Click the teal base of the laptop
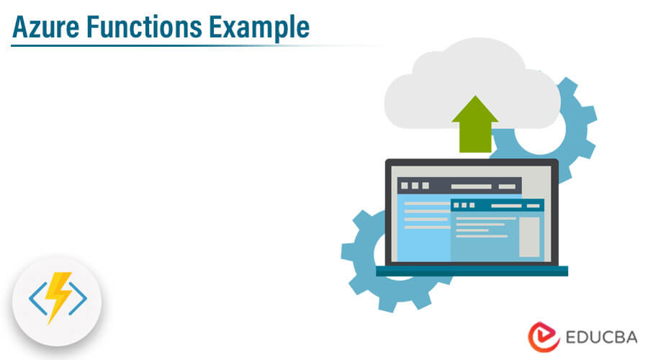[472, 271]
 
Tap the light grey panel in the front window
[529, 236]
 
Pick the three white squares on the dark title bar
[415, 186]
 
